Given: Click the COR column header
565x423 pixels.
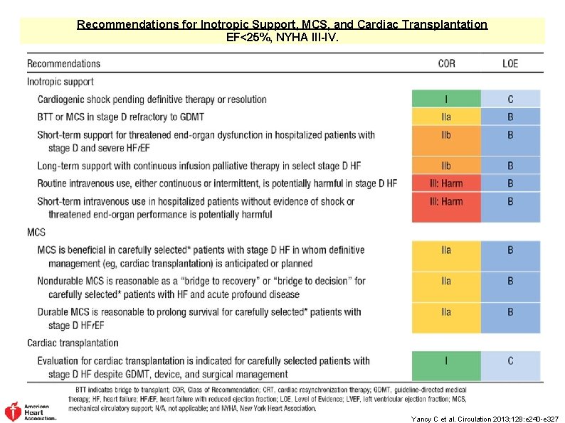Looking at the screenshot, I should pos(446,63).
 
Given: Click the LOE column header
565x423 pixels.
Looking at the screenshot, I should pos(510,63).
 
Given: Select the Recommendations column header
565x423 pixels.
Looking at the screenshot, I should pos(64,63).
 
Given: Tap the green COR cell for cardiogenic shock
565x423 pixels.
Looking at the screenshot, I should pos(446,100).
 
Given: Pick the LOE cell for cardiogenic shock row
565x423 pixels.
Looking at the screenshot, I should pos(510,100).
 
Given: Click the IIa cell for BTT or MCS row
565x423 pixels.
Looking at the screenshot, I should pos(446,117).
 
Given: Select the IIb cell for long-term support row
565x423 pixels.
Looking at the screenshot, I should pos(446,166).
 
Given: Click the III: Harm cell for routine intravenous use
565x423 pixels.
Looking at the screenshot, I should pos(446,183).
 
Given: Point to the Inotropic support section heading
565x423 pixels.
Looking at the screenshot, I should pos(60,81).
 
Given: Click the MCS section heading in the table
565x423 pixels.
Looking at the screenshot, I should pos(36,232).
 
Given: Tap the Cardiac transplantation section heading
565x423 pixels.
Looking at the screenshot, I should pos(73,343).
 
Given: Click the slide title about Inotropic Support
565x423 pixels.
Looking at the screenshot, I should pos(282,24).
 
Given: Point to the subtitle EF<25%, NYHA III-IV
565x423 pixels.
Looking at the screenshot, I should pos(282,36).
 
